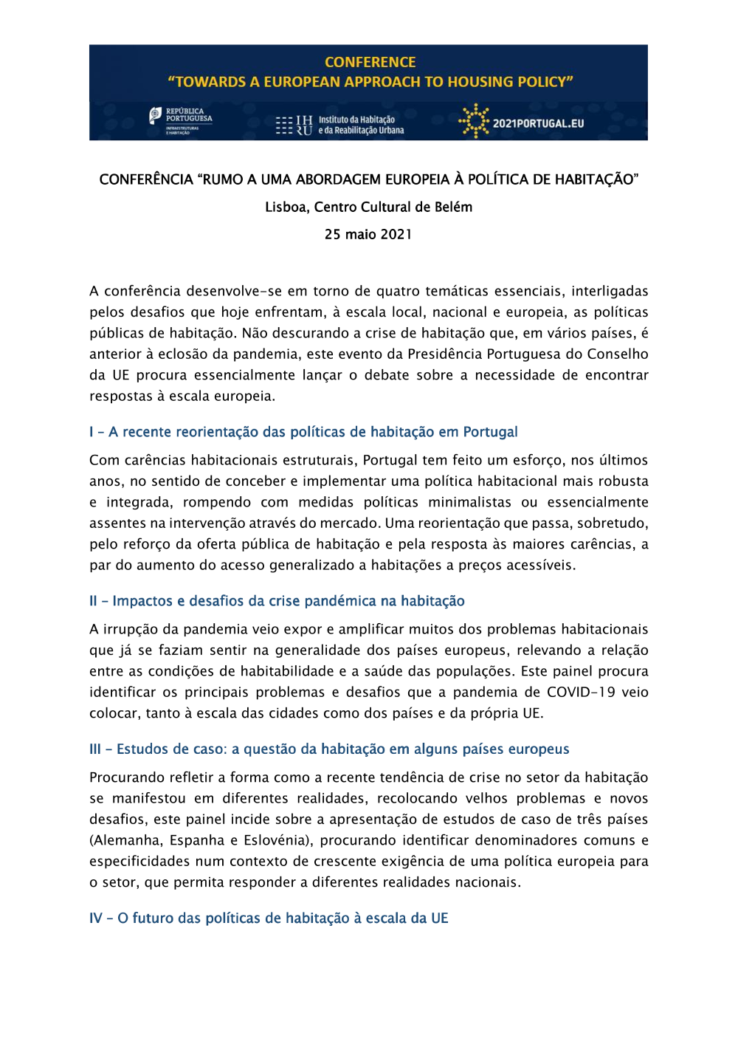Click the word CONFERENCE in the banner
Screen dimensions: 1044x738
click(370, 63)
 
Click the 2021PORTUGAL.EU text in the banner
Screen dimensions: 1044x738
click(538, 123)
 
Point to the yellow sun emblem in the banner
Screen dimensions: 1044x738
click(474, 120)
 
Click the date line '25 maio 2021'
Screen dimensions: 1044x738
click(368, 235)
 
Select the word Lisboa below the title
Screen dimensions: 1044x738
click(286, 207)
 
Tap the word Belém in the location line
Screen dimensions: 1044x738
click(453, 207)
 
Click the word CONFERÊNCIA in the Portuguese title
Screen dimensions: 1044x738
click(146, 179)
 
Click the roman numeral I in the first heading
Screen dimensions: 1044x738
click(92, 432)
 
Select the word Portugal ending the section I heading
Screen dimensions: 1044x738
click(490, 432)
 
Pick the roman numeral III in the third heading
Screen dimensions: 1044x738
click(95, 749)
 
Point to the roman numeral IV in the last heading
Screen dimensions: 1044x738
click(96, 918)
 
